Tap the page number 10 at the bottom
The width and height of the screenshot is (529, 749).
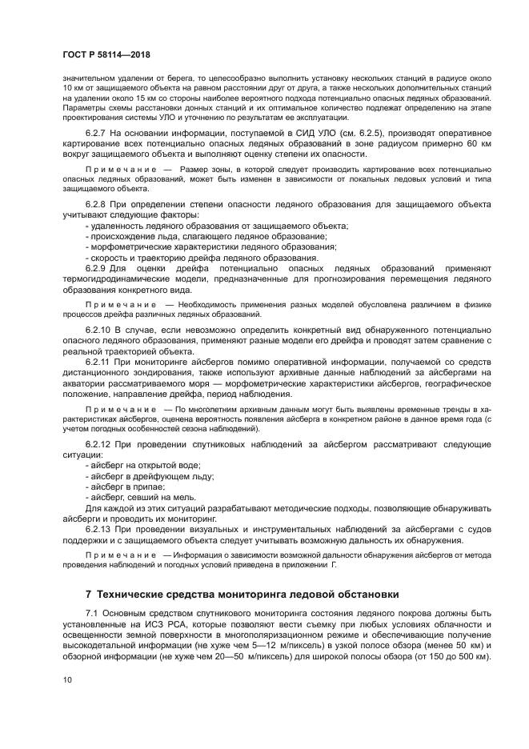(67, 679)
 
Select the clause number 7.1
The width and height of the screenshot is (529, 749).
(94, 613)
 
